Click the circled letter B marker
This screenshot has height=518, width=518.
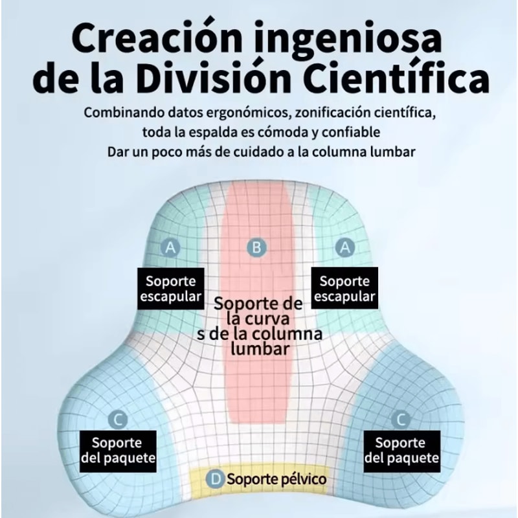(258, 247)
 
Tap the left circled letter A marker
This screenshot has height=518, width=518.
(171, 247)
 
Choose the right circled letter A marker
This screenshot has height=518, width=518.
(345, 247)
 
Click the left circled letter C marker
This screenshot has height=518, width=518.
(117, 420)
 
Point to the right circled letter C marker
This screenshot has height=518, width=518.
(401, 420)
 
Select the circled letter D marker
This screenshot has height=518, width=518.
(216, 479)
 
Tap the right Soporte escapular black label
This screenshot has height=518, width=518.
(344, 289)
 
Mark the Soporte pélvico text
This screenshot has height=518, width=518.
(276, 480)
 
